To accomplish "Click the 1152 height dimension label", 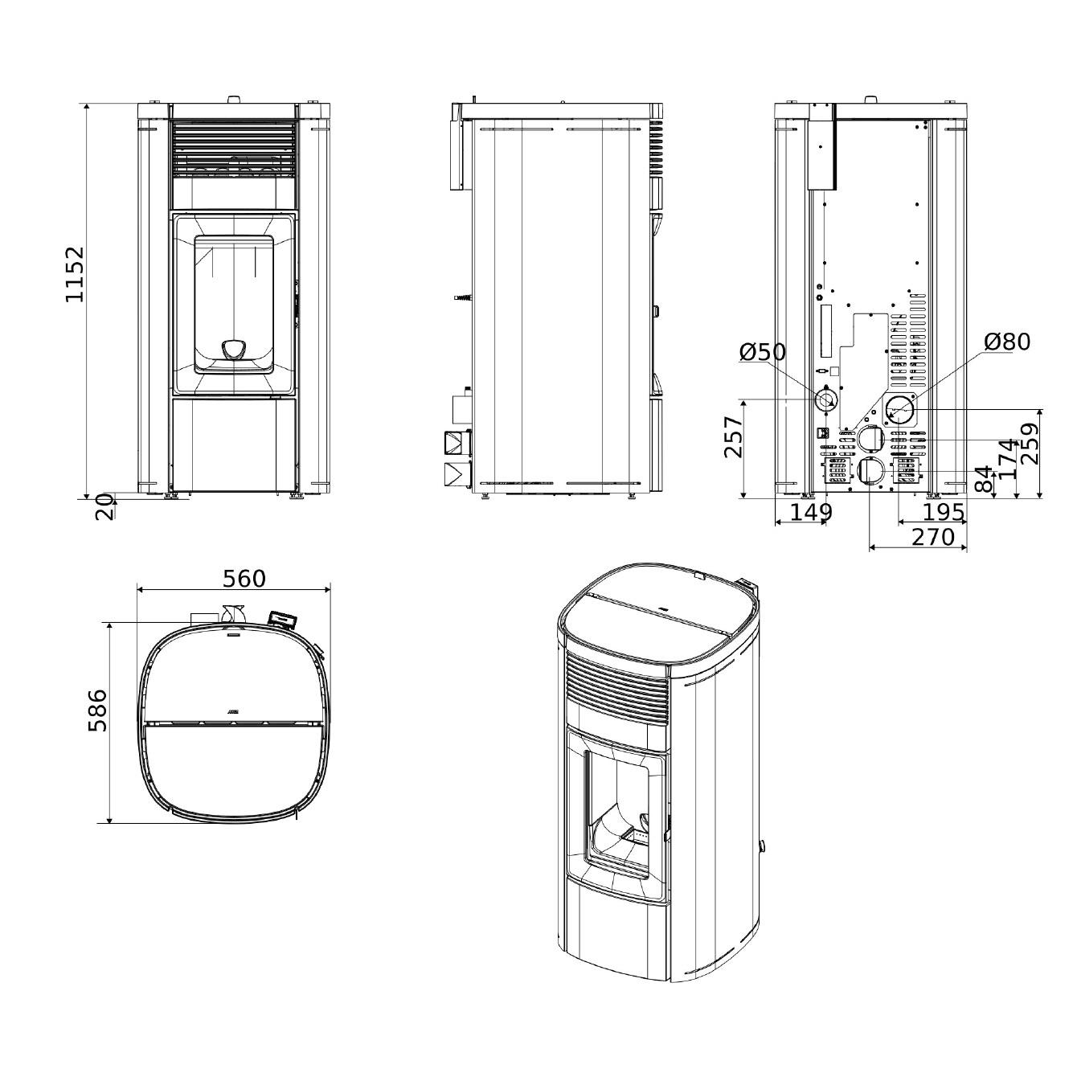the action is click(74, 274).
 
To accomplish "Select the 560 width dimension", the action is click(244, 579).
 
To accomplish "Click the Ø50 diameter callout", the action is click(763, 352).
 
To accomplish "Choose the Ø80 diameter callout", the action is click(1007, 342).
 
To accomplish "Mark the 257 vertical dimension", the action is click(733, 437).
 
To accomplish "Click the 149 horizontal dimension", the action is click(811, 511).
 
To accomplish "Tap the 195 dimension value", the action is click(943, 511).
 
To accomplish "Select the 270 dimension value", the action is click(933, 537).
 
